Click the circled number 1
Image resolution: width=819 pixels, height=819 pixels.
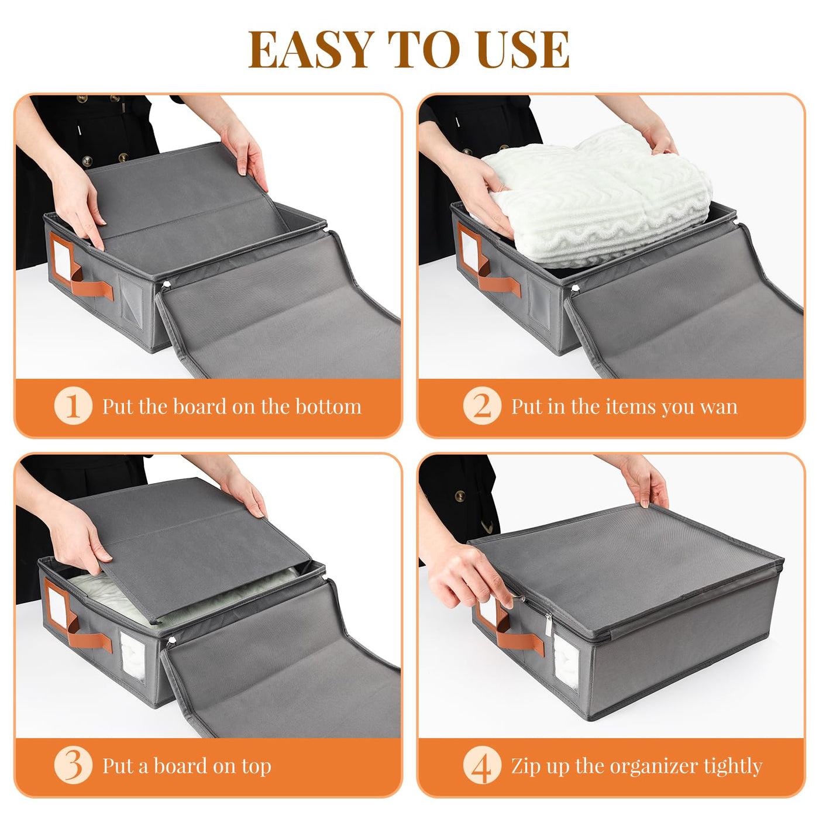click(73, 405)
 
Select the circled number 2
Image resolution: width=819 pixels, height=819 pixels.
click(482, 405)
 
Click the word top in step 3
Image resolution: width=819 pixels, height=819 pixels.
click(256, 768)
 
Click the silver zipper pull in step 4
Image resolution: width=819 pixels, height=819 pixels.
click(549, 624)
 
